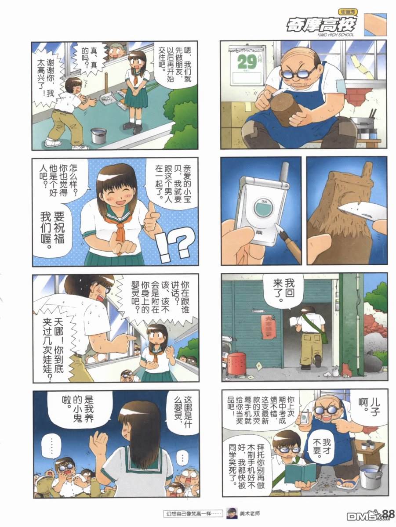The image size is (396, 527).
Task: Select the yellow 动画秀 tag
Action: point(348,12)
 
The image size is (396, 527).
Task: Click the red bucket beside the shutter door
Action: point(237,363)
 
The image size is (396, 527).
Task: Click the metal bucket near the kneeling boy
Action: point(98,136)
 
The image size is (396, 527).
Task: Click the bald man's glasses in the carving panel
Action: point(299,73)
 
